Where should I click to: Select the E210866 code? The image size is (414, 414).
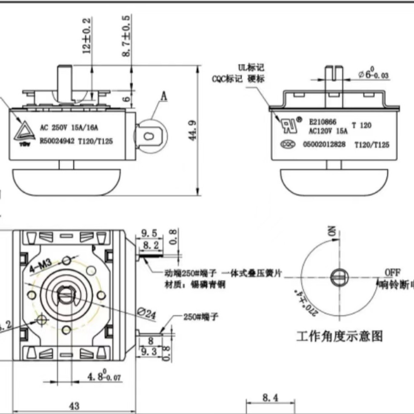[x=323, y=121]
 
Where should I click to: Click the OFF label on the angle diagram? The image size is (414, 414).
[x=393, y=272]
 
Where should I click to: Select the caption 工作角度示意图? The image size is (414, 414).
[x=339, y=337]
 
